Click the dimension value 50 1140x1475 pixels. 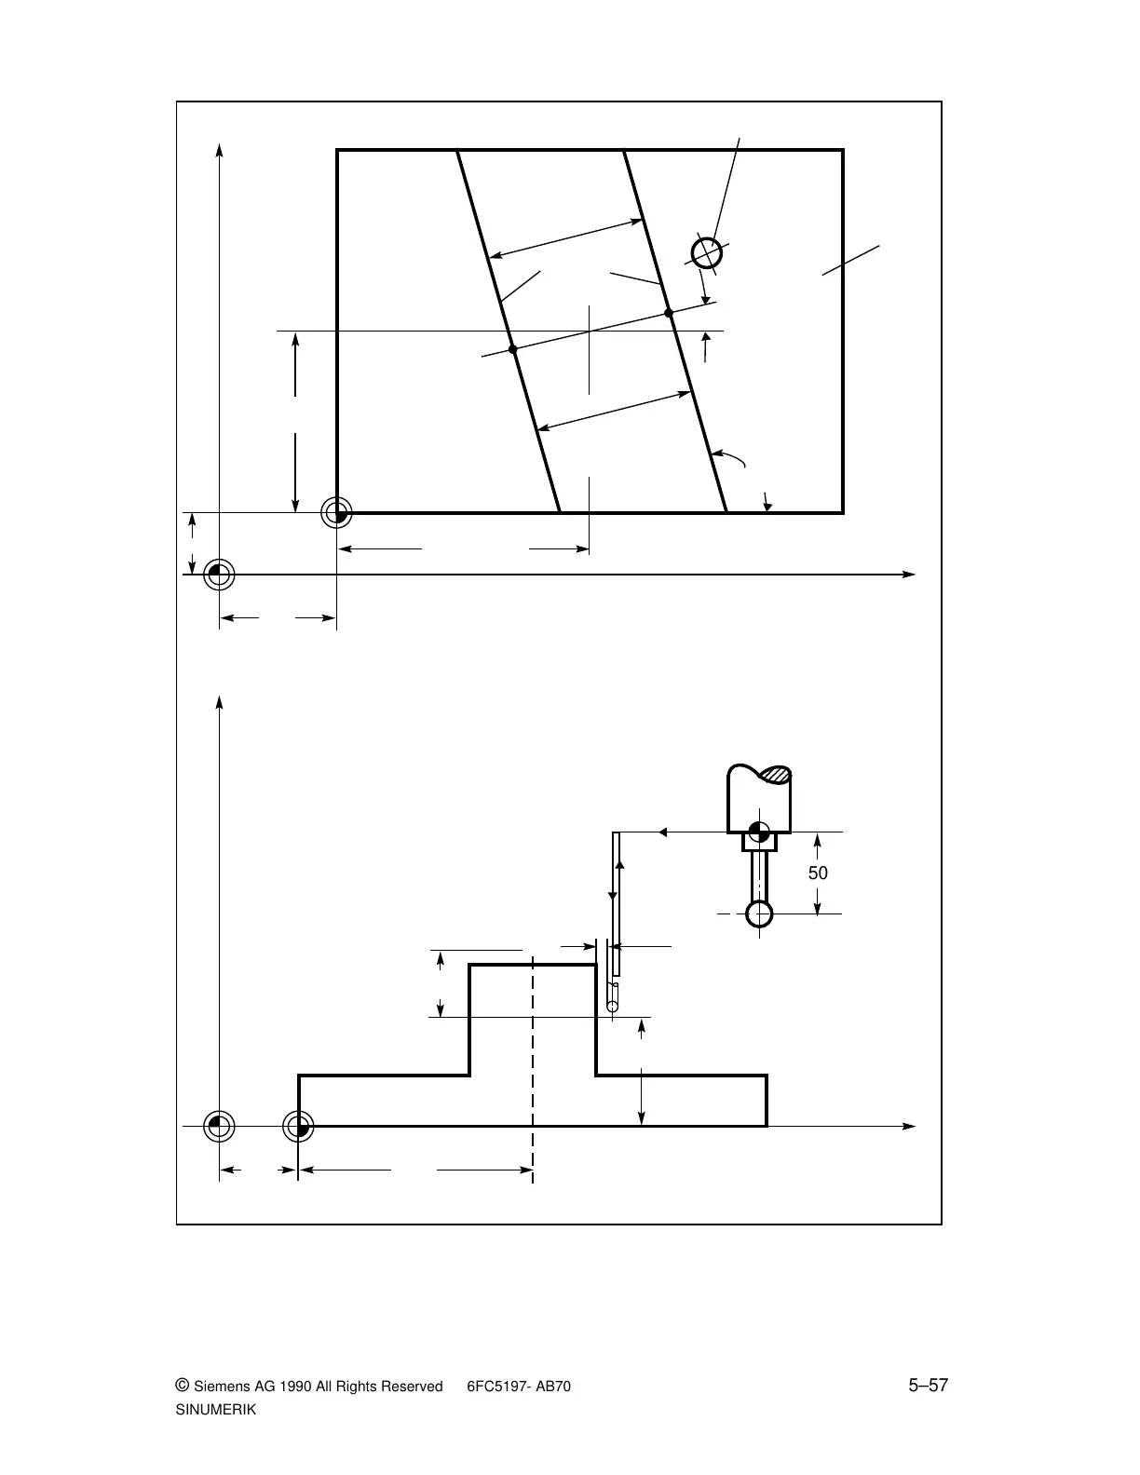[817, 873]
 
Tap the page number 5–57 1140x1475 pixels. [928, 1386]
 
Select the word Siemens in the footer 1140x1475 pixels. [223, 1387]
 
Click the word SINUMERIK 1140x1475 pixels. [215, 1410]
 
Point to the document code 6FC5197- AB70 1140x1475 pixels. [518, 1387]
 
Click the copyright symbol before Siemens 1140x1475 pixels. [182, 1386]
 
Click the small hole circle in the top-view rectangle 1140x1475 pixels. [707, 252]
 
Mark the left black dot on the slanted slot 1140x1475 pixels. [512, 349]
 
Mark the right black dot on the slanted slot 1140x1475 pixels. [669, 313]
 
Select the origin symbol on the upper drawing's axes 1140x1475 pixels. [219, 575]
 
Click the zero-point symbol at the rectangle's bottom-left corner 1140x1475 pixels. [336, 512]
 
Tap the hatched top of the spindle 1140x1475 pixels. [775, 774]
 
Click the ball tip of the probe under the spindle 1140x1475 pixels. [760, 913]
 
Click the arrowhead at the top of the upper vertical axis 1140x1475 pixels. [219, 149]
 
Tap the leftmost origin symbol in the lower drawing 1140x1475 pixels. [219, 1127]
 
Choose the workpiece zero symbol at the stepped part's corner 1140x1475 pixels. [298, 1127]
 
